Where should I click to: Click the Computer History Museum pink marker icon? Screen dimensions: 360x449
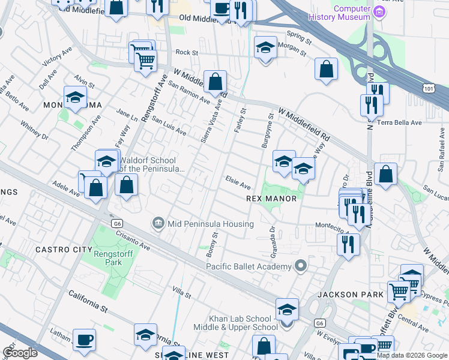[x=379, y=12]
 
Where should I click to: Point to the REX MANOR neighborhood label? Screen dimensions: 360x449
[x=271, y=199]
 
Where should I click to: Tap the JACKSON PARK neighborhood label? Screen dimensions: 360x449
[x=343, y=295]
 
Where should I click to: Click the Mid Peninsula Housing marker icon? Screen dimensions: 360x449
[x=158, y=224]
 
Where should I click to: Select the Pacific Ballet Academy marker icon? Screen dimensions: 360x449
[x=301, y=266]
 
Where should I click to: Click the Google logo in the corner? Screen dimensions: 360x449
[x=20, y=352]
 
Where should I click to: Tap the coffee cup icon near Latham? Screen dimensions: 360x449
[x=84, y=340]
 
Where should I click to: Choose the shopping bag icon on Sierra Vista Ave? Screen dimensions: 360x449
[x=215, y=81]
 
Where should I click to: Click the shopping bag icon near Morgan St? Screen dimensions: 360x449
[x=326, y=69]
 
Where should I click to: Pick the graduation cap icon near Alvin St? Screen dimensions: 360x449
[x=75, y=97]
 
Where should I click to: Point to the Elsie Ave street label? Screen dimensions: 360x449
[x=238, y=182]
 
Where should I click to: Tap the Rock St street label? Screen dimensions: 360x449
[x=187, y=53]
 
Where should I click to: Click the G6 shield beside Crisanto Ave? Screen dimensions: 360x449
[x=116, y=224]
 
